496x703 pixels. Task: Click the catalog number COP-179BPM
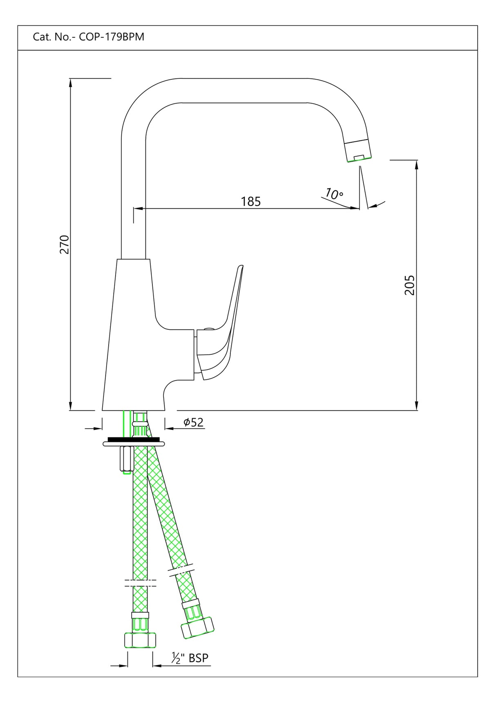point(111,37)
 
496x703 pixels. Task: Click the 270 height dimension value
point(65,244)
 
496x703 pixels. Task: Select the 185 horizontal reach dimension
point(250,201)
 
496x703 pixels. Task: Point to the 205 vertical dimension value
point(409,285)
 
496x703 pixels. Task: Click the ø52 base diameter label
point(193,422)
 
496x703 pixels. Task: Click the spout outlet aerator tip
point(359,152)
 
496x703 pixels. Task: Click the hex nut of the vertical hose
point(140,640)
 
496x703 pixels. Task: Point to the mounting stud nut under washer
point(125,459)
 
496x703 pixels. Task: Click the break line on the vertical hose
point(140,583)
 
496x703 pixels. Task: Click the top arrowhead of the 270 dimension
point(71,82)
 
